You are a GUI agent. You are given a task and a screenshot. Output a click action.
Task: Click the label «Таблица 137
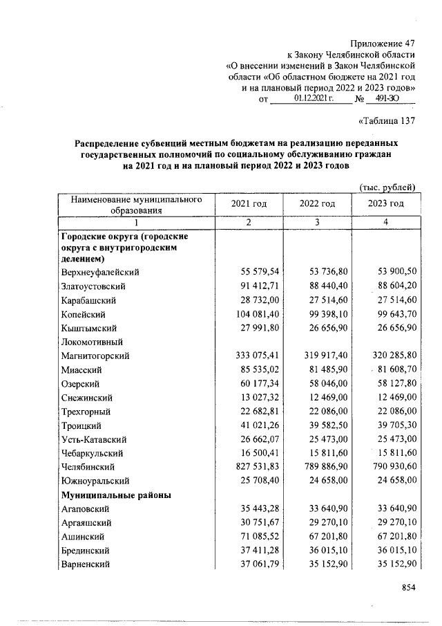[387, 122]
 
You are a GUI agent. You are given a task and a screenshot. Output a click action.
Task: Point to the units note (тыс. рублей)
[388, 185]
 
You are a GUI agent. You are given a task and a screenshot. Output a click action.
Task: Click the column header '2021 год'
[249, 203]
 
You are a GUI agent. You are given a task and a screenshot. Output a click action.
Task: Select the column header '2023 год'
[386, 203]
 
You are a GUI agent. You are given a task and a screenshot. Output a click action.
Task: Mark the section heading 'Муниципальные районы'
[115, 495]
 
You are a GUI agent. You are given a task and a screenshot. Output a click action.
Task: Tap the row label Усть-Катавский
[94, 439]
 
